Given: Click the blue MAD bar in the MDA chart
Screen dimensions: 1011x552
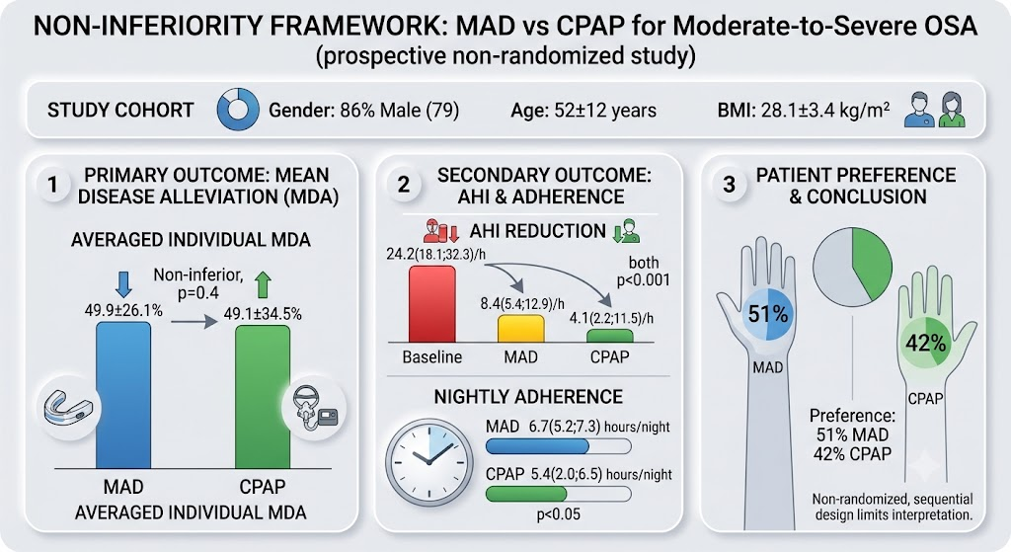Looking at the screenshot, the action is (123, 395).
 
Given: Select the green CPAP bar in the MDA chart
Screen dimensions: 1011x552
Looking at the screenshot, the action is (263, 397).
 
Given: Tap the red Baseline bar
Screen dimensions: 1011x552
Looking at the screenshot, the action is (432, 304).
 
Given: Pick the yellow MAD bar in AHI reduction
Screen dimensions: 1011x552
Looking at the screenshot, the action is (521, 328).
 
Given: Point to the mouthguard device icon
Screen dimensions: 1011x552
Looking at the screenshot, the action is (68, 409).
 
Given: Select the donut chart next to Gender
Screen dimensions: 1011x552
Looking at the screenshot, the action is (238, 110).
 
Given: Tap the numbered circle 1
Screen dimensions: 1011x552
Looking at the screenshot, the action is (53, 186).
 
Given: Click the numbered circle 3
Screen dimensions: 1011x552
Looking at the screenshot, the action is (730, 186).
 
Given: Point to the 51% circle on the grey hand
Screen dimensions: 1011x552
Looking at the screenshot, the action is (768, 314).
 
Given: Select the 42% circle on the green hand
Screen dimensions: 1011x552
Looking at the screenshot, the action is (925, 343).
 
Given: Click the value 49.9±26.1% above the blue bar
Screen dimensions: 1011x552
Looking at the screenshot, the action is (123, 311).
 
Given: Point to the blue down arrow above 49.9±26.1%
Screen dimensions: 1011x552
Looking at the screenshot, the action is (123, 283).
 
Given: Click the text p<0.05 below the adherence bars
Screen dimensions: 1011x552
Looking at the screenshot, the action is (559, 514).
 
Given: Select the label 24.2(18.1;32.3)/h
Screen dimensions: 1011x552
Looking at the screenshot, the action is (435, 254).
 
